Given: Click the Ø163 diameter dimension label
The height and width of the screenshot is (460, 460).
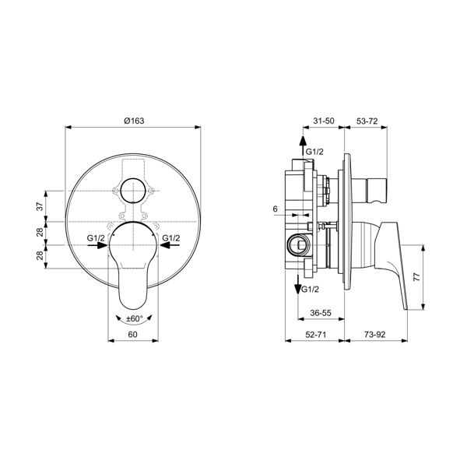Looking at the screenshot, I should point(135,121).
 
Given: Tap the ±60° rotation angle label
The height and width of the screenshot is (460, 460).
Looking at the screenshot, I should point(133,318).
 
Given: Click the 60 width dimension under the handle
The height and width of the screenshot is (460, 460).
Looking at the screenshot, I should point(132,334).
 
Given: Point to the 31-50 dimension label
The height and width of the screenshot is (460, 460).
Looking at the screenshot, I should point(323,121).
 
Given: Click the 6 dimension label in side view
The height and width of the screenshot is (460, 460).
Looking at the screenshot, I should point(276,209).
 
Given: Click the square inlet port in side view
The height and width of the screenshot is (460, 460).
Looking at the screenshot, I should point(297,244).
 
